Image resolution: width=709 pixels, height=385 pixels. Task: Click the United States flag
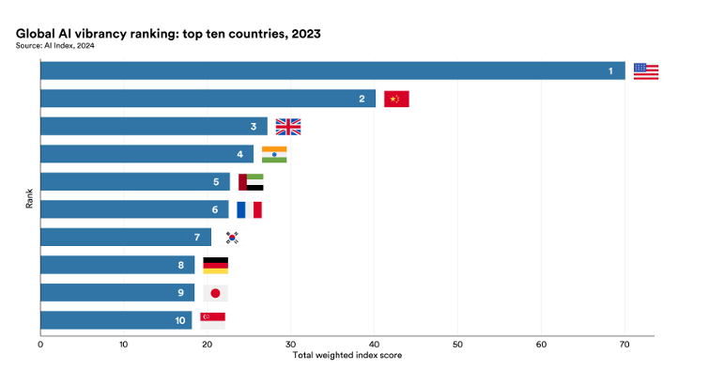pos(646,71)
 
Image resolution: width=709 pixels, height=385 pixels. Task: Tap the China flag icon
pos(396,99)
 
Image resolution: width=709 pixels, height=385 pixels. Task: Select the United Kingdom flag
pos(287,127)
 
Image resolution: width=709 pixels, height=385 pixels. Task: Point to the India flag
pos(274,154)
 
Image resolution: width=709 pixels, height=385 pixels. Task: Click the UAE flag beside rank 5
pos(251,182)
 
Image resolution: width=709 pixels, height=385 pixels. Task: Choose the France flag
pos(249,209)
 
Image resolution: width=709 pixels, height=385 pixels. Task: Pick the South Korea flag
pos(232,238)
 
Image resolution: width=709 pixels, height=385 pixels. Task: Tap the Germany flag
pos(215,265)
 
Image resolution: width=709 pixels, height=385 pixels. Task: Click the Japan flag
pos(215,293)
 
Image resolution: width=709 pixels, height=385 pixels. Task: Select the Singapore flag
pos(212,320)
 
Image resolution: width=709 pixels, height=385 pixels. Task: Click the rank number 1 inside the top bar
pos(610,71)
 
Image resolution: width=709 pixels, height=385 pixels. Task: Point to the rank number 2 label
pos(362,99)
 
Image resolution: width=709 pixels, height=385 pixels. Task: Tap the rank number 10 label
pos(178,320)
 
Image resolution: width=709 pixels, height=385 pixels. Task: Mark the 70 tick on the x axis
pos(624,345)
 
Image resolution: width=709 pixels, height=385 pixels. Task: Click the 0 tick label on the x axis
pos(40,345)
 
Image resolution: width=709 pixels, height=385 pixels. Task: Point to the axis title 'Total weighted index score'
pos(347,356)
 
